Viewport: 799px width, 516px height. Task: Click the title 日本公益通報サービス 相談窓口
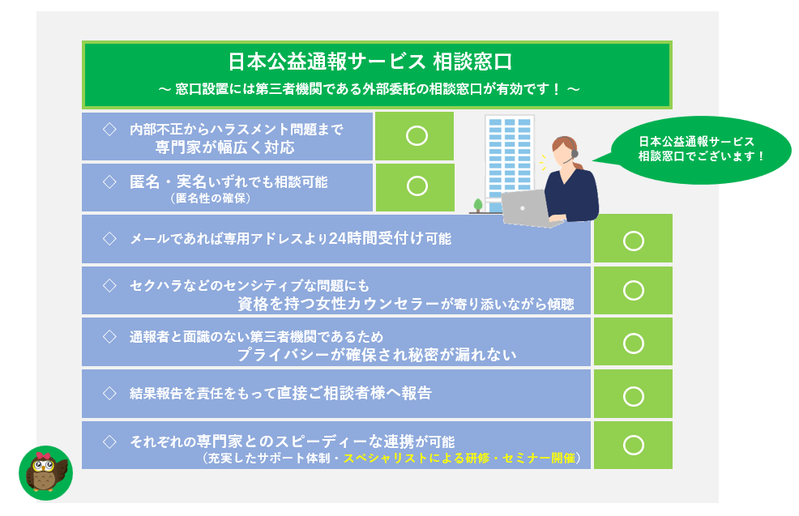coord(370,62)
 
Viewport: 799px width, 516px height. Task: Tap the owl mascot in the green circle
coord(46,473)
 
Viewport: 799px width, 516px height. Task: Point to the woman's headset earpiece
coord(575,152)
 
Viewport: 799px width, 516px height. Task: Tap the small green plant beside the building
coord(477,205)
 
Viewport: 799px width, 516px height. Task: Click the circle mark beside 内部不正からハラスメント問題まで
coord(417,136)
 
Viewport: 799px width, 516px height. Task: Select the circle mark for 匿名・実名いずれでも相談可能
coord(417,186)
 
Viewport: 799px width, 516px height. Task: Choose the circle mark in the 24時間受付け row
coord(634,241)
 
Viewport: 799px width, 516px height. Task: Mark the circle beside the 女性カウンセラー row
coord(634,290)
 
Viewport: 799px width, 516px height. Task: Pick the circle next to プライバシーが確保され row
coord(634,343)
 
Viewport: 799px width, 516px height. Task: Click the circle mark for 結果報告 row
coord(634,396)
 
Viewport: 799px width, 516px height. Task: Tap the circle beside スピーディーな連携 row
coord(634,446)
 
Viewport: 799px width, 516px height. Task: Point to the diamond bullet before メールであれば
coord(109,238)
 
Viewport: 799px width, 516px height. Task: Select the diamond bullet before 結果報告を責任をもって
coord(109,393)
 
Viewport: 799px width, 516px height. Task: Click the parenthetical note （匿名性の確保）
coord(211,198)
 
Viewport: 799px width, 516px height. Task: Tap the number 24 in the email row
coord(337,238)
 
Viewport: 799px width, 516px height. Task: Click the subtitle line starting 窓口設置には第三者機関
coord(369,89)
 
